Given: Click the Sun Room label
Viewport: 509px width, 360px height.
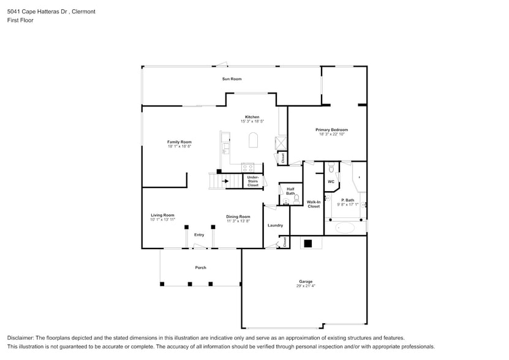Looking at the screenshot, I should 232,79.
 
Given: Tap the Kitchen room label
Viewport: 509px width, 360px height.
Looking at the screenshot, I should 252,117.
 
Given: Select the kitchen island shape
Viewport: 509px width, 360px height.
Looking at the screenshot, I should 252,141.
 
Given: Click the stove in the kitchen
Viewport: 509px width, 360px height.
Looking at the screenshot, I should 248,167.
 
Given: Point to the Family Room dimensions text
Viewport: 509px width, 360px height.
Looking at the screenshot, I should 179,146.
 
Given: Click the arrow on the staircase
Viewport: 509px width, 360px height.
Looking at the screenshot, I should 225,181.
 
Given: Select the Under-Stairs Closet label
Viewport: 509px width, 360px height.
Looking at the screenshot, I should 253,181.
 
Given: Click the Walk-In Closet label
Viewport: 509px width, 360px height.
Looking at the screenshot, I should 314,204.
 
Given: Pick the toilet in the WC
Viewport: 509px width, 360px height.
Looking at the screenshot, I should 331,167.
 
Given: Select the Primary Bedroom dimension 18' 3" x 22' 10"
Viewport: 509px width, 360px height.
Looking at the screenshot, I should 331,134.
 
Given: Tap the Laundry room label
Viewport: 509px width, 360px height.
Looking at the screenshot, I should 275,225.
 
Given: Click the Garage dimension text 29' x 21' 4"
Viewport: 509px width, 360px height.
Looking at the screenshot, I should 306,286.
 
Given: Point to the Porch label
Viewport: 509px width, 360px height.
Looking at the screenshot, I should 200,268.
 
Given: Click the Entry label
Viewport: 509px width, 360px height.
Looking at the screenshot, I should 199,235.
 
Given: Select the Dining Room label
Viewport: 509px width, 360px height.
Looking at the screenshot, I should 238,216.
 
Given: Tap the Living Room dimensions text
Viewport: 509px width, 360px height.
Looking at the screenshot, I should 163,219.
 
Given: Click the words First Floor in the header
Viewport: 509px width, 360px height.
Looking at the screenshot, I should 20,20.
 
